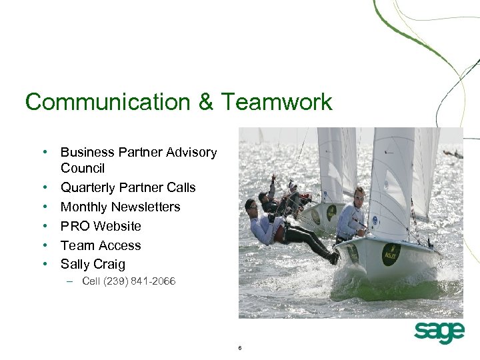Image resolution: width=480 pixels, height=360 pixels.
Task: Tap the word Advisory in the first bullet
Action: (x=193, y=153)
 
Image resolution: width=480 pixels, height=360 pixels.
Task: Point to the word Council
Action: (x=83, y=169)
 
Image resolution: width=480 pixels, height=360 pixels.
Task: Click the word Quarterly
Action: (x=91, y=188)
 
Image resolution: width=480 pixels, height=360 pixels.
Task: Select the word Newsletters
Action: (x=145, y=207)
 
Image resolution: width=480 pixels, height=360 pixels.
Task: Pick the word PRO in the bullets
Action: (x=74, y=227)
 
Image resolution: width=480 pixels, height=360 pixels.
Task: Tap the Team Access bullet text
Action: (x=101, y=246)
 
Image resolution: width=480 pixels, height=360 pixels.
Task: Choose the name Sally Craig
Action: (x=93, y=265)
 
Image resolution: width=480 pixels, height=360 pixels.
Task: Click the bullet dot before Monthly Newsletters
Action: (x=44, y=207)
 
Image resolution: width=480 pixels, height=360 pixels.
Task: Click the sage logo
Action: (x=439, y=332)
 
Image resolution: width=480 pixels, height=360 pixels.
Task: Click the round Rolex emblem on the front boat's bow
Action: (x=390, y=254)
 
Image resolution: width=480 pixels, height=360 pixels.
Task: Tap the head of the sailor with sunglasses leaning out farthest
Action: (x=251, y=205)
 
